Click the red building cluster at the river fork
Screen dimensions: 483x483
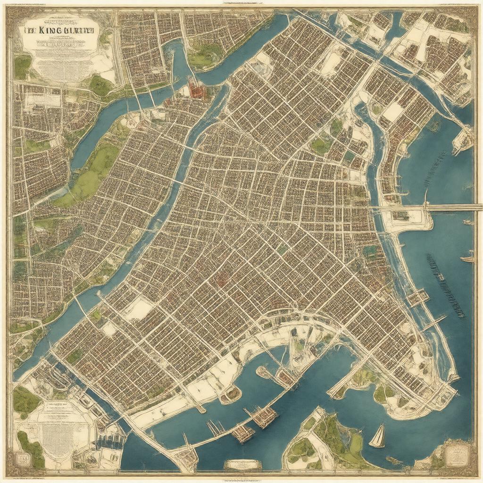coord(197,88)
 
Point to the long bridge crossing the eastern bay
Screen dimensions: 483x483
coord(453,206)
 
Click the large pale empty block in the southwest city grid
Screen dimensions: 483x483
coord(138,309)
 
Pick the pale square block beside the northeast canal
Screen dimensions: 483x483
coord(392,112)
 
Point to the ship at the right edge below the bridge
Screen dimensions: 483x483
coord(467,258)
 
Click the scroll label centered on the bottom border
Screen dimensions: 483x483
coord(242,464)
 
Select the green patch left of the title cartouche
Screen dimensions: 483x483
coord(21,66)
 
